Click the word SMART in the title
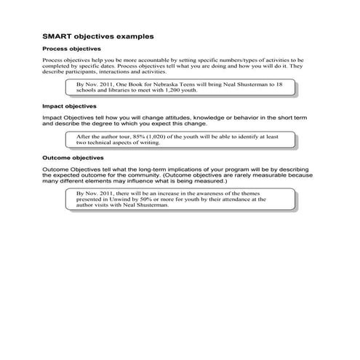point(55,35)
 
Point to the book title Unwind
point(129,199)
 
